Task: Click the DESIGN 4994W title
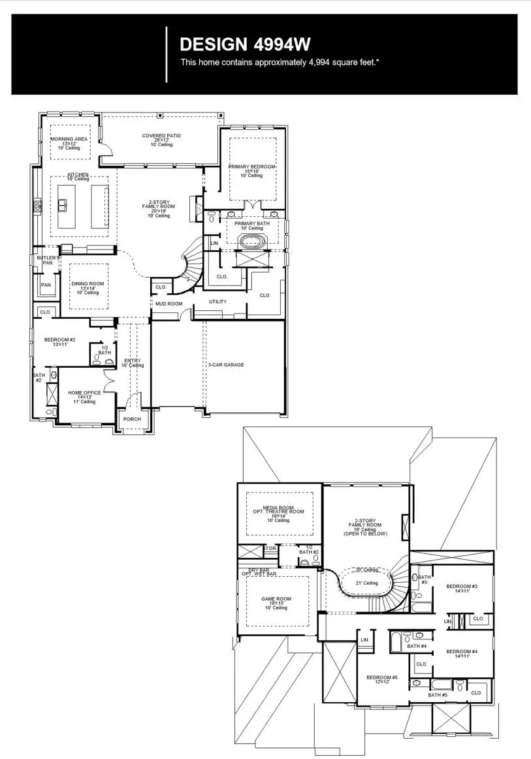(x=244, y=44)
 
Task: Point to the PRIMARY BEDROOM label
(x=251, y=167)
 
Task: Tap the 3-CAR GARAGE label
(x=226, y=365)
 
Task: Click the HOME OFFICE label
(x=84, y=393)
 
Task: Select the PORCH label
(x=132, y=419)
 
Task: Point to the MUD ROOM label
(x=168, y=304)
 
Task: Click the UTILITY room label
(x=217, y=302)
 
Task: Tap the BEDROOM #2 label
(x=60, y=340)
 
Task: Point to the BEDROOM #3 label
(x=462, y=587)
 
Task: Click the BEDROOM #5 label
(x=382, y=677)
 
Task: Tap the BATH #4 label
(x=417, y=646)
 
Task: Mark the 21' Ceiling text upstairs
(x=366, y=583)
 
